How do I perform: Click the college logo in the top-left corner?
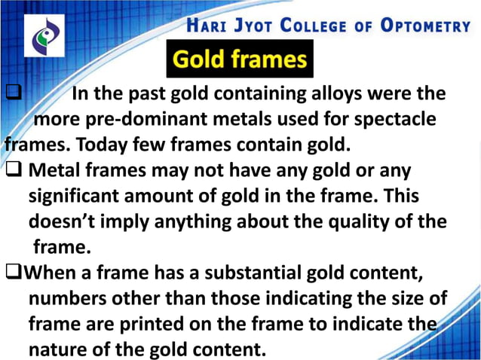click(43, 36)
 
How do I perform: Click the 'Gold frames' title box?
click(240, 59)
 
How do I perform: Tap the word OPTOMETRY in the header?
click(425, 26)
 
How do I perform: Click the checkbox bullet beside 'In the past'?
click(14, 95)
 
